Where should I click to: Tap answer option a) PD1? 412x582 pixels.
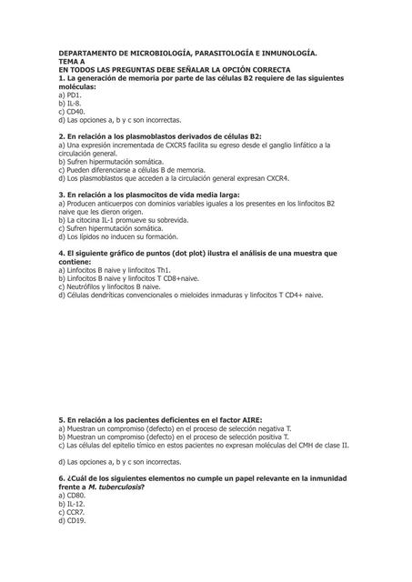click(70, 95)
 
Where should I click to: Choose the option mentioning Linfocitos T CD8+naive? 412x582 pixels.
click(136, 278)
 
